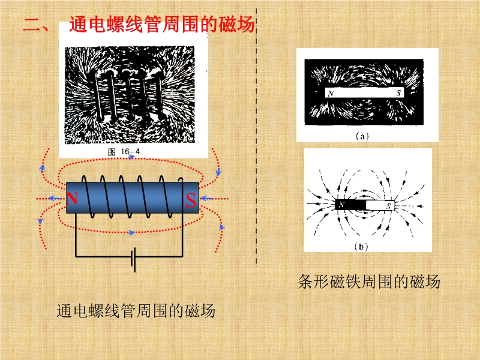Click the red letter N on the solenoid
click(x=72, y=199)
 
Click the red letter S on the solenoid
click(x=191, y=200)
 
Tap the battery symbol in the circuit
click(x=133, y=260)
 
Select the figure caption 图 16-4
click(x=124, y=152)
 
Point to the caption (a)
click(x=362, y=136)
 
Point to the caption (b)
click(x=361, y=247)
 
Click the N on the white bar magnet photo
click(x=331, y=94)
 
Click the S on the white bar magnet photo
click(x=398, y=93)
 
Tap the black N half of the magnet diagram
click(x=350, y=205)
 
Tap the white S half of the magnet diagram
click(x=380, y=206)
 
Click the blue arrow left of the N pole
click(x=55, y=199)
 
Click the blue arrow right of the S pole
click(x=207, y=199)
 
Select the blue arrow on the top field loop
click(x=132, y=157)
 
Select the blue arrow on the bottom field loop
click(x=131, y=233)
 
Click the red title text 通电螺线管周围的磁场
click(x=162, y=24)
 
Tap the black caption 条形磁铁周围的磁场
click(x=369, y=281)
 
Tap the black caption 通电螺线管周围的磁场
click(x=136, y=311)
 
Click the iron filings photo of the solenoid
click(x=130, y=95)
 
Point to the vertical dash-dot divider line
click(x=257, y=137)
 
